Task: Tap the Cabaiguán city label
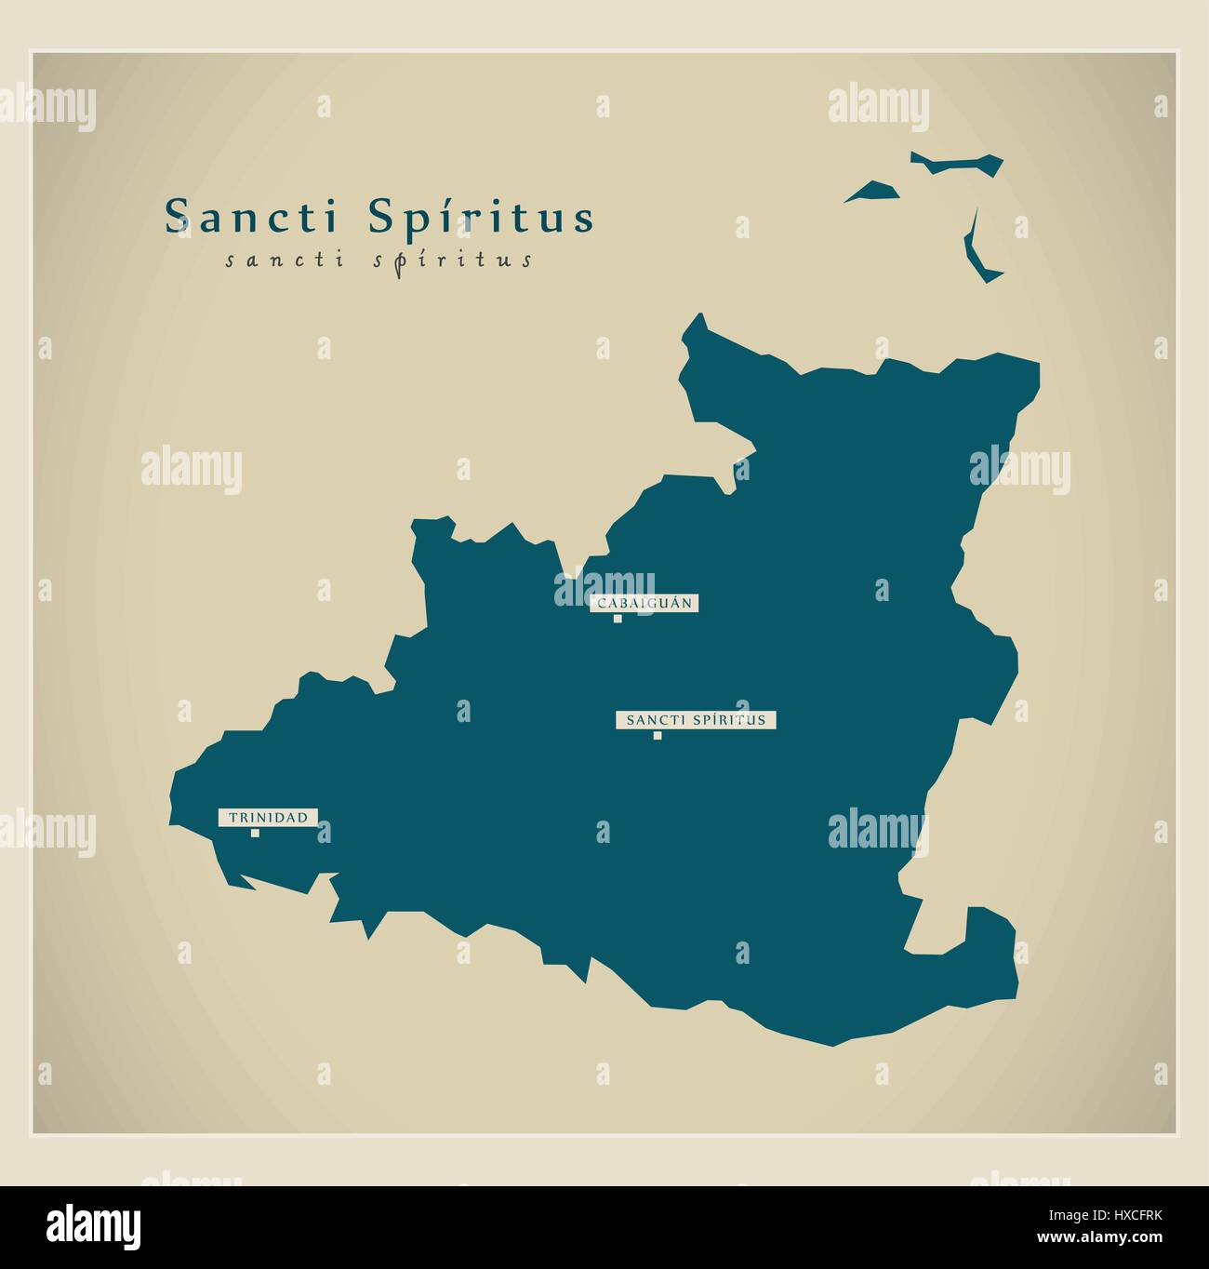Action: tap(644, 603)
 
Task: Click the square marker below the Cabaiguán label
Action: tap(618, 619)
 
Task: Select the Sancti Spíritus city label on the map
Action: tap(696, 719)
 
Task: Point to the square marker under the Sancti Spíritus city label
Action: tap(658, 736)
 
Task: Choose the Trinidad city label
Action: tap(268, 817)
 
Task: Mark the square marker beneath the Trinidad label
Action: tap(255, 834)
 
